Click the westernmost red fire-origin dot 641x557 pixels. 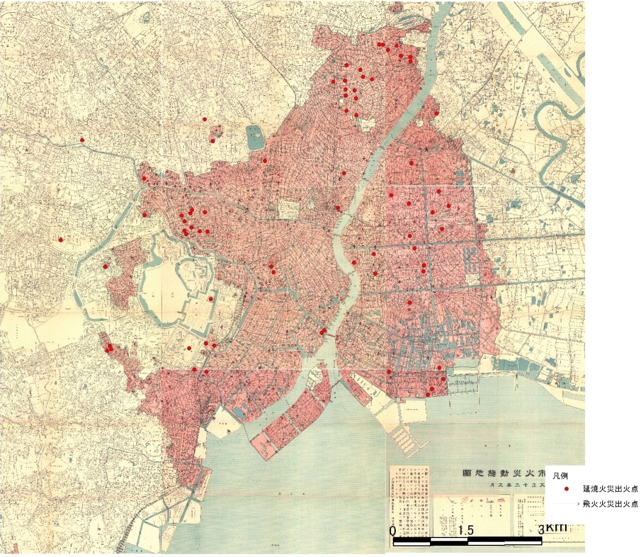pos(61,240)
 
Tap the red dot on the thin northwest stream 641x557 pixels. pos(82,140)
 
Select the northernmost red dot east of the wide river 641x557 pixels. pos(437,113)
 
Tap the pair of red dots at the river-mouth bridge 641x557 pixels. pos(322,332)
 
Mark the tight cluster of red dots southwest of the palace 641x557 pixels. pos(109,348)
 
